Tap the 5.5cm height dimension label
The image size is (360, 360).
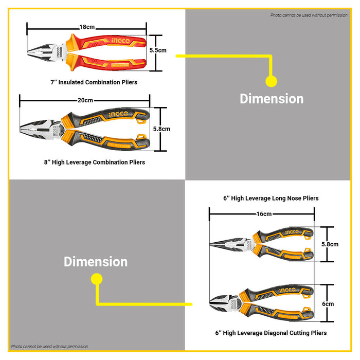click(158, 50)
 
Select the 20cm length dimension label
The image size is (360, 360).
click(85, 100)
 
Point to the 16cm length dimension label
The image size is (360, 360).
click(264, 213)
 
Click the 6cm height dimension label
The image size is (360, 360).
click(328, 304)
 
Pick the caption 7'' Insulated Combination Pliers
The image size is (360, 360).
click(94, 82)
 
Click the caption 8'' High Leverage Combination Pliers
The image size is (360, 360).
click(94, 162)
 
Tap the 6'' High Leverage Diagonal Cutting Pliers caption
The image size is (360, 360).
click(271, 333)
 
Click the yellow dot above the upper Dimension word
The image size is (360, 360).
click(271, 81)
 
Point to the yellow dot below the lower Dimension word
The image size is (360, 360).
click(96, 279)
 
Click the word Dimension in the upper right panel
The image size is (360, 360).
click(272, 99)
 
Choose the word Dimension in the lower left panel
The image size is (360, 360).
click(96, 262)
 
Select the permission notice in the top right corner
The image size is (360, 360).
click(309, 15)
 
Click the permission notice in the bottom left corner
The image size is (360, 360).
click(50, 347)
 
